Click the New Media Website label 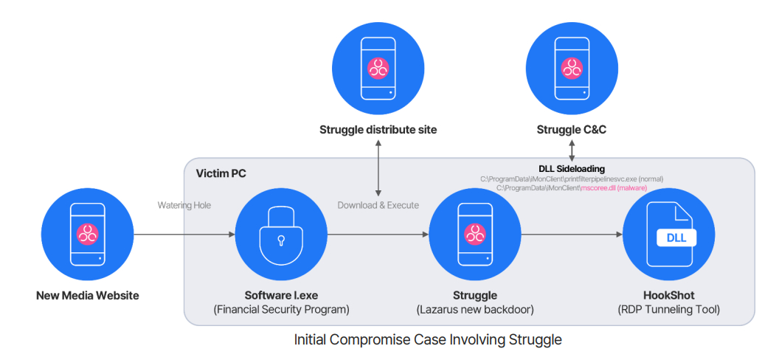pyautogui.click(x=88, y=295)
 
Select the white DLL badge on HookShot pyautogui.click(x=676, y=238)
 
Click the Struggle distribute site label pyautogui.click(x=378, y=130)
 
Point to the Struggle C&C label pyautogui.click(x=572, y=130)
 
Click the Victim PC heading pyautogui.click(x=221, y=173)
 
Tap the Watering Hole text pyautogui.click(x=184, y=205)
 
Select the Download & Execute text pyautogui.click(x=378, y=205)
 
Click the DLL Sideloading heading pyautogui.click(x=572, y=170)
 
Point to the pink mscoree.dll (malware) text pyautogui.click(x=614, y=188)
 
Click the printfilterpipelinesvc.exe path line pyautogui.click(x=572, y=179)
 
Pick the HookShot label pyautogui.click(x=668, y=295)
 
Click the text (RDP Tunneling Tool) pyautogui.click(x=668, y=311)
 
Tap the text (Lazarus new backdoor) pyautogui.click(x=475, y=311)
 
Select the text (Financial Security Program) pyautogui.click(x=282, y=311)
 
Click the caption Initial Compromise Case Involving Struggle pyautogui.click(x=428, y=340)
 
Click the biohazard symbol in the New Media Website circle pyautogui.click(x=88, y=233)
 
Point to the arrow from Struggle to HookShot pyautogui.click(x=571, y=235)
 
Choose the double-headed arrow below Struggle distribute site pyautogui.click(x=378, y=167)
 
